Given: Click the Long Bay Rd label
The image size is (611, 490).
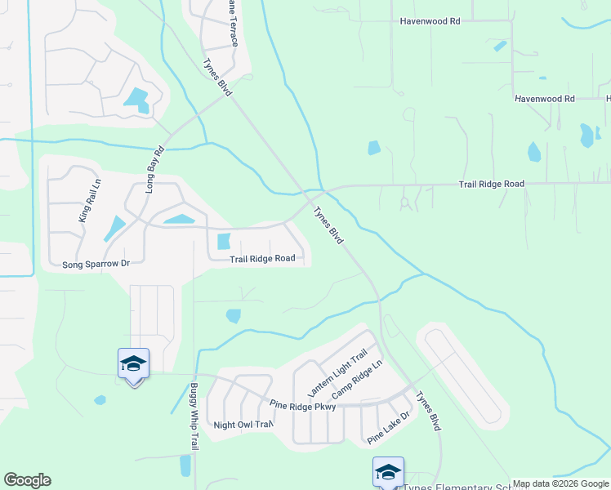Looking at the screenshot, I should pyautogui.click(x=154, y=170).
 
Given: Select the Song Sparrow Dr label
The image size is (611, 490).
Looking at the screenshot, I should pyautogui.click(x=96, y=265).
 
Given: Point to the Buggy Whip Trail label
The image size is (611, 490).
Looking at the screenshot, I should pyautogui.click(x=194, y=416).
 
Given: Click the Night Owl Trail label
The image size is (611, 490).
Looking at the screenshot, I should pyautogui.click(x=242, y=425).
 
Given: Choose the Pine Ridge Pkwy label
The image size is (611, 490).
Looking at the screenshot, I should pyautogui.click(x=303, y=406).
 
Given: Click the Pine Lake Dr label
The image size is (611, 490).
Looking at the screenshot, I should pyautogui.click(x=388, y=428).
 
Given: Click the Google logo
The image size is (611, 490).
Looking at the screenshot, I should pyautogui.click(x=27, y=480).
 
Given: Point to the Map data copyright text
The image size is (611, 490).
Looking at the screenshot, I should pyautogui.click(x=561, y=483).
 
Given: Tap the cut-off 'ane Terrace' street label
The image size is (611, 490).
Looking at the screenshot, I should pyautogui.click(x=232, y=23).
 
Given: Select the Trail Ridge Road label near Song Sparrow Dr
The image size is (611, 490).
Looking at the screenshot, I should pyautogui.click(x=261, y=259).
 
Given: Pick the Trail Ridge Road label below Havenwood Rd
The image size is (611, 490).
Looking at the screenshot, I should pyautogui.click(x=491, y=185).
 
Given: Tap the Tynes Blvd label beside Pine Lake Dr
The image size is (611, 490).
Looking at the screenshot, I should pyautogui.click(x=428, y=412).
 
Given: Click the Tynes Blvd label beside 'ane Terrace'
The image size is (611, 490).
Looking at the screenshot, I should pyautogui.click(x=217, y=77).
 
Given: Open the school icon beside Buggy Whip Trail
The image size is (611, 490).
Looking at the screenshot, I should pyautogui.click(x=133, y=364).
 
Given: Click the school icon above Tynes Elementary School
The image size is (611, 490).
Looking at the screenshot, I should pyautogui.click(x=388, y=472).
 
